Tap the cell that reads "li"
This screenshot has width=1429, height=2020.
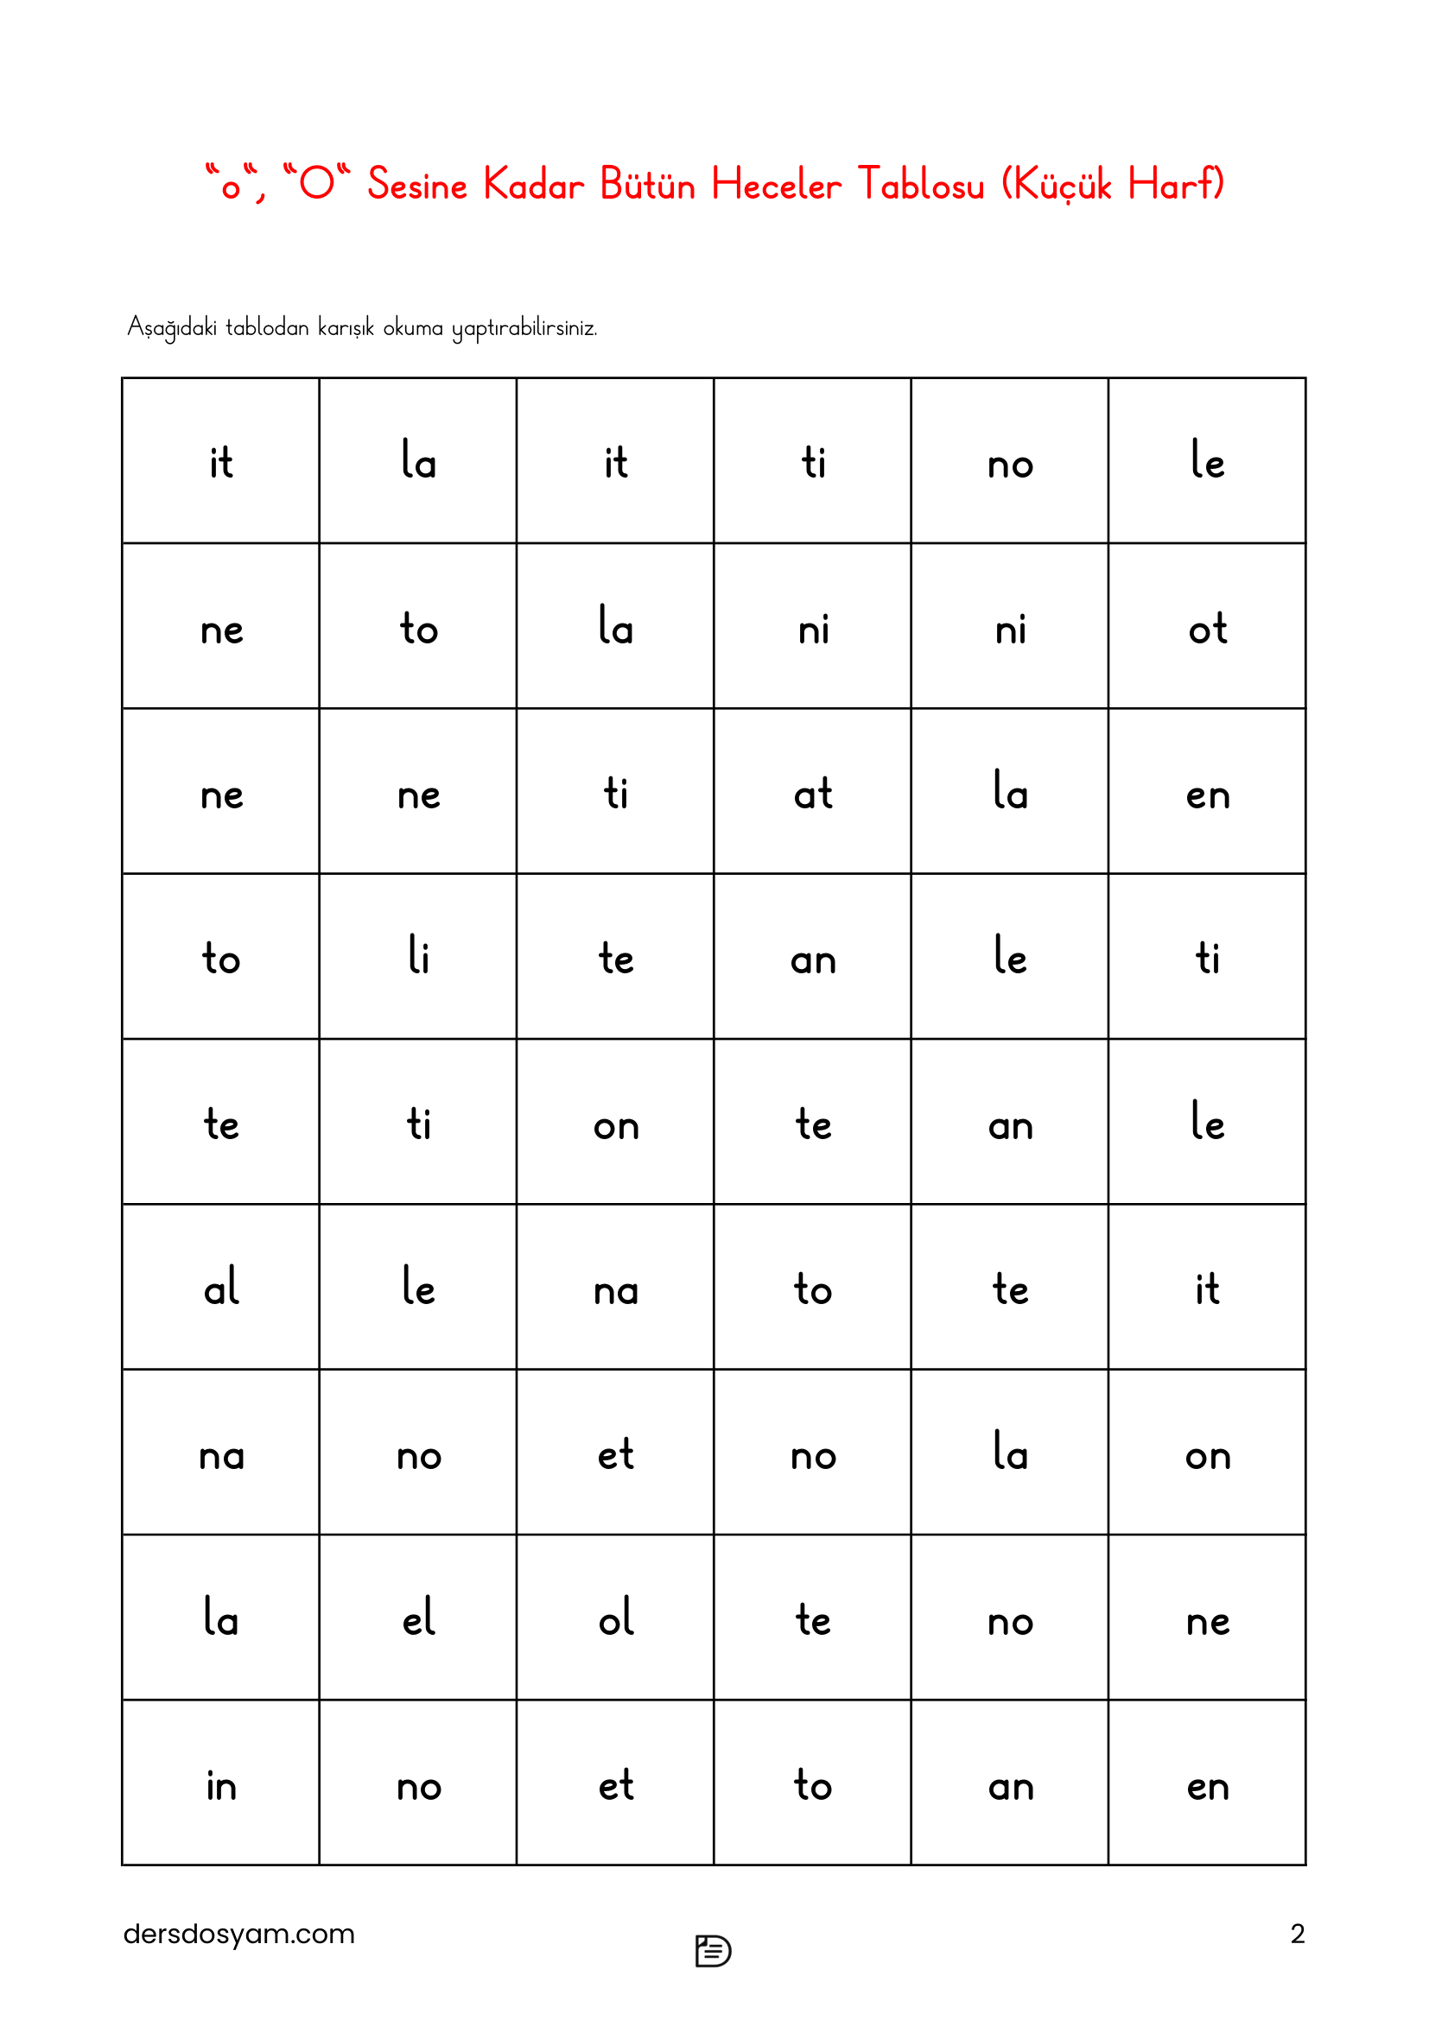point(418,957)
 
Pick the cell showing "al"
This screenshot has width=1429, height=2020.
point(221,1288)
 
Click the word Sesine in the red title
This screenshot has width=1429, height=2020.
point(417,185)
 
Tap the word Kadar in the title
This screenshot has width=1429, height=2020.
point(533,185)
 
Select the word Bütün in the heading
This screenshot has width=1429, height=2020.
point(648,185)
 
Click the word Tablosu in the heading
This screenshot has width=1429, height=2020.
point(920,185)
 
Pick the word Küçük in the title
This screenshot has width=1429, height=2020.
point(1063,185)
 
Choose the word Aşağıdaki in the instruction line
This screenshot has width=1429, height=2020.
point(172,327)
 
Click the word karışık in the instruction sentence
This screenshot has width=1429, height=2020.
point(346,327)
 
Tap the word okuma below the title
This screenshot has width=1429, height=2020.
point(413,327)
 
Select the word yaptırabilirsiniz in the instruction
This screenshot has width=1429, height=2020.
point(524,327)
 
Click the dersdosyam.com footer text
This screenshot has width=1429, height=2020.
point(239,1934)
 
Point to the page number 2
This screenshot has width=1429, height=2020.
point(1297,1934)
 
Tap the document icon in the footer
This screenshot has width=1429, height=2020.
point(713,1951)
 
